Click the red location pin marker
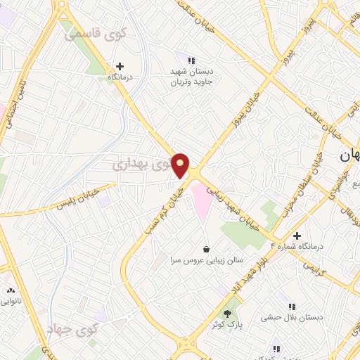[x=181, y=165]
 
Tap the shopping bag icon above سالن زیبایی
[x=206, y=249]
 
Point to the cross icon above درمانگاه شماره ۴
[x=297, y=236]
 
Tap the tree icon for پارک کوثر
[x=227, y=314]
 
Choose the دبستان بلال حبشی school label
[x=292, y=318]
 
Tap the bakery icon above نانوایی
[x=10, y=290]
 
